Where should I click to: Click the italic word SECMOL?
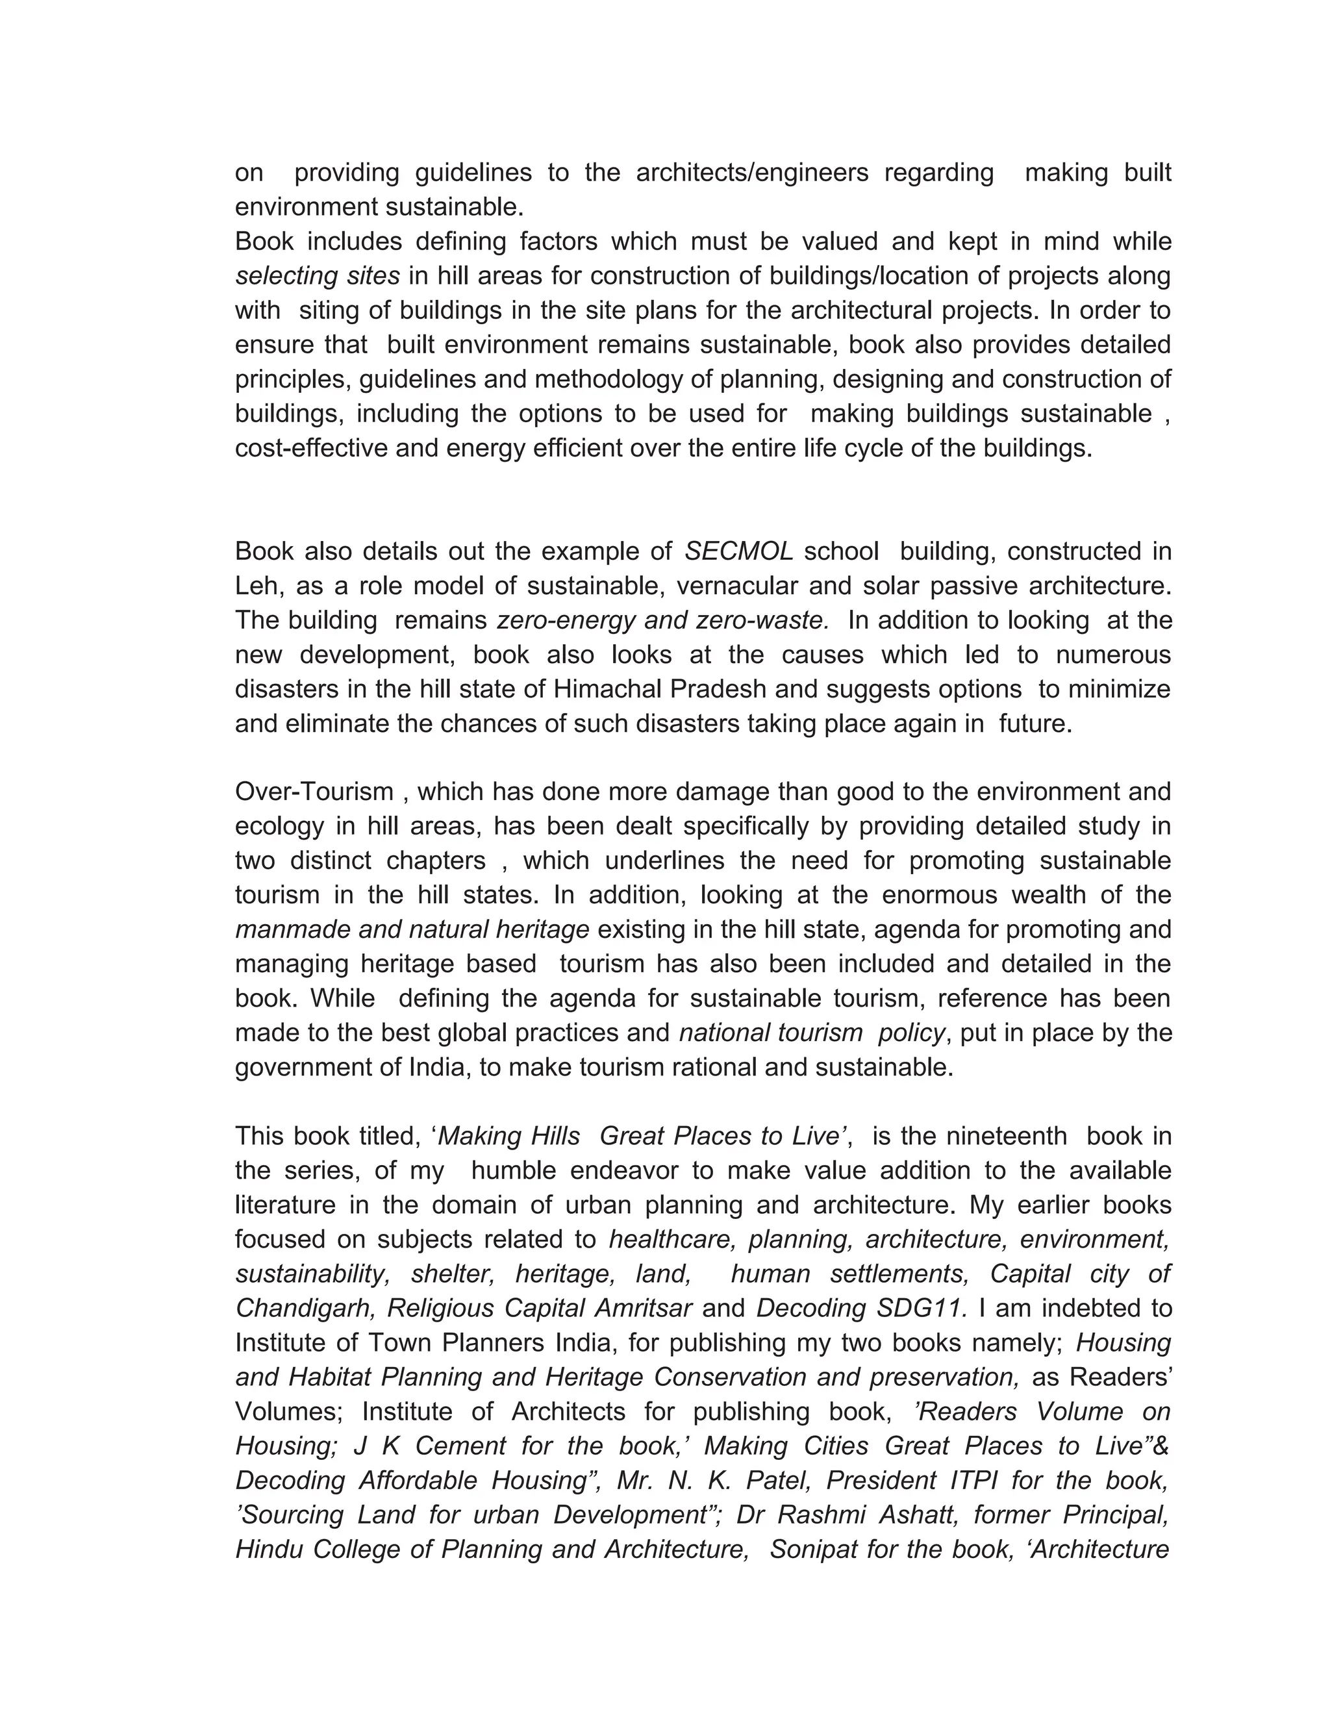point(738,551)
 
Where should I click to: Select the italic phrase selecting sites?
point(317,276)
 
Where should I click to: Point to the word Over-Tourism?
point(314,791)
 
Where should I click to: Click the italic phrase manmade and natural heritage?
point(412,929)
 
